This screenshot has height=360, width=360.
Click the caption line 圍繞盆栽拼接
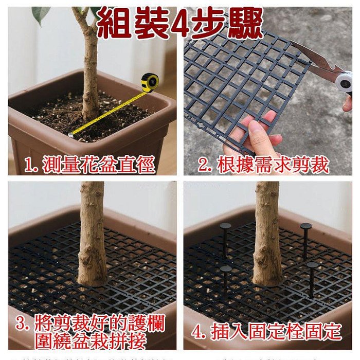click(x=92, y=341)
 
